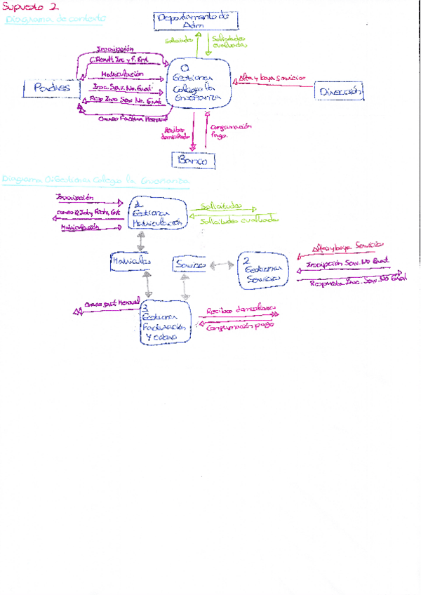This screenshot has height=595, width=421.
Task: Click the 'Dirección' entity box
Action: coord(340,91)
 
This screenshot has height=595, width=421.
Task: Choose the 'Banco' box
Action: coord(193,161)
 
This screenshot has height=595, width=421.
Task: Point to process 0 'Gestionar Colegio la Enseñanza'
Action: coord(202,83)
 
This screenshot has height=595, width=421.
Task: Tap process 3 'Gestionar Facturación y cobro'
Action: coord(166,321)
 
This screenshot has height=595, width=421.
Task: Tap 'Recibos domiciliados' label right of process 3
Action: coord(241,310)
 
